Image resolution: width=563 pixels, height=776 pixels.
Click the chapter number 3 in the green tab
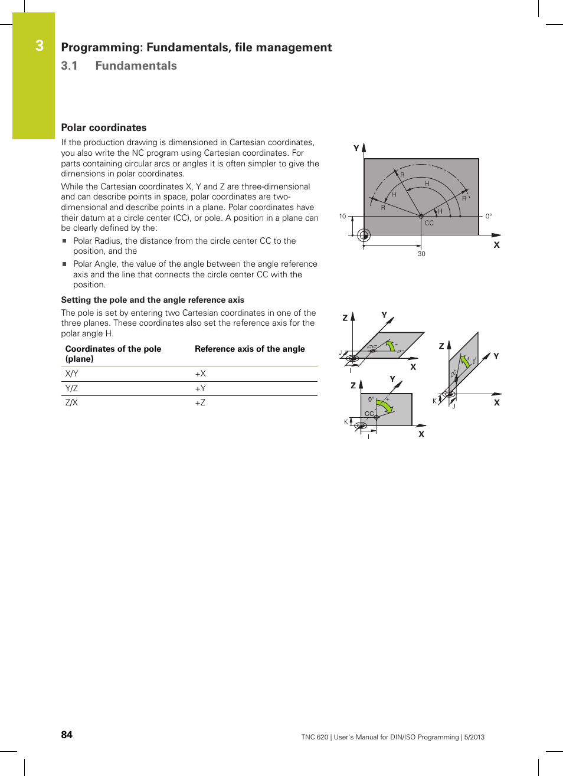(40, 45)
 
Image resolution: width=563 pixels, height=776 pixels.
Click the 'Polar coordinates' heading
(104, 127)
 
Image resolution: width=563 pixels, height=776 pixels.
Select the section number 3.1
(69, 66)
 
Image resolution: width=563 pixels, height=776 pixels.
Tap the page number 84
(67, 735)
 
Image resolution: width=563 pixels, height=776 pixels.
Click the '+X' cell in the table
(200, 374)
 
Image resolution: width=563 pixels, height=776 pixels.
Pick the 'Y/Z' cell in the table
(71, 388)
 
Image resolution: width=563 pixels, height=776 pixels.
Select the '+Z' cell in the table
(200, 402)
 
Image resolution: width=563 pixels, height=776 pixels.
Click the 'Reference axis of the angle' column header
(250, 349)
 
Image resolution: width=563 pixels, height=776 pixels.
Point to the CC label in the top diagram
(429, 223)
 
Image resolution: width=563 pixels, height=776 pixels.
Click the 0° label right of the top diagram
(489, 217)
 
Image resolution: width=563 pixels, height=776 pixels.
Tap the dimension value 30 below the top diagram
(421, 254)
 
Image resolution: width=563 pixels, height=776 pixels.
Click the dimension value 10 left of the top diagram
(342, 217)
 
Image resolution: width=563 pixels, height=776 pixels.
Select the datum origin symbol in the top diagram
(364, 235)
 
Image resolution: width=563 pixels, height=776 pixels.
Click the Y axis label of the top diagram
(356, 148)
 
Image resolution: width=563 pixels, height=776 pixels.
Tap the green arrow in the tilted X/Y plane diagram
(390, 345)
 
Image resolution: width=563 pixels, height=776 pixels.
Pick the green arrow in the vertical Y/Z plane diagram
(465, 361)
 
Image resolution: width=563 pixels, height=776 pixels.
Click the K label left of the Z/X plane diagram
(346, 422)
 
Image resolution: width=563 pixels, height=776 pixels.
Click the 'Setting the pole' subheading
(152, 300)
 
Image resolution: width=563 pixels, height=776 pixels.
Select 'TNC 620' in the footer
(315, 737)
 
